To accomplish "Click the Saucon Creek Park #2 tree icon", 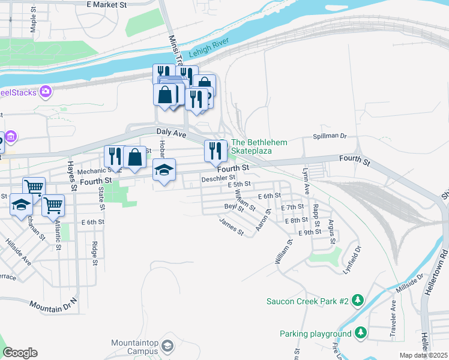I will (x=357, y=299).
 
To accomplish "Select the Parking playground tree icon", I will (x=360, y=332).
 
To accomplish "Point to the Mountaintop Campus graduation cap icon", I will (x=167, y=346).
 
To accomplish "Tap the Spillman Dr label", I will (x=330, y=136).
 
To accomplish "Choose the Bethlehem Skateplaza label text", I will (x=259, y=146).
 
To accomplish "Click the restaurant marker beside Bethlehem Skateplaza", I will (x=213, y=151).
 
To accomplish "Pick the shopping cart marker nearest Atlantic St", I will (x=53, y=205).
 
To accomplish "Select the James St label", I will (x=232, y=227).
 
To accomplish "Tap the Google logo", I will (x=20, y=353).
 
